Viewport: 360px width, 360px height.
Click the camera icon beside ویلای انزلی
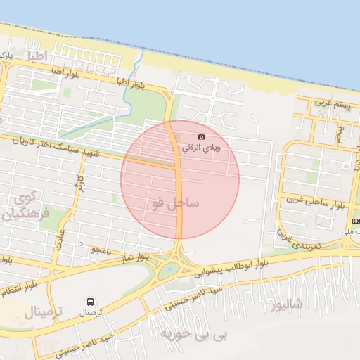pyautogui.click(x=202, y=136)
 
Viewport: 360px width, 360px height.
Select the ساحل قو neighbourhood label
pyautogui.click(x=175, y=203)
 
